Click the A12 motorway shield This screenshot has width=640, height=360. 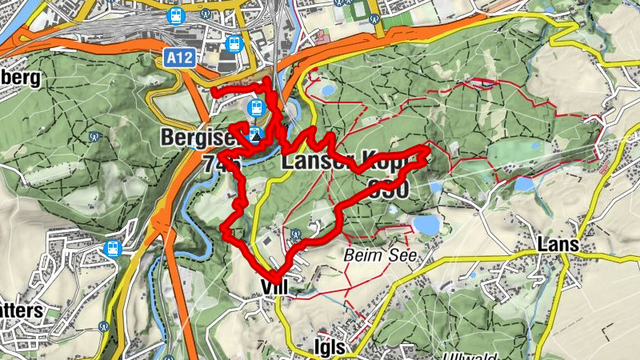181,58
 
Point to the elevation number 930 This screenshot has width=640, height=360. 388,190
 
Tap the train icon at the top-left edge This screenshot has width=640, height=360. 175,14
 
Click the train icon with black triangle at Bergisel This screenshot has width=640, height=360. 256,134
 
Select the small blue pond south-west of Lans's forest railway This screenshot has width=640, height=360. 524,184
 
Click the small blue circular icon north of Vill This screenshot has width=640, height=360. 296,234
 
